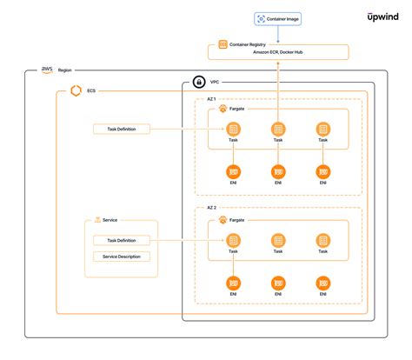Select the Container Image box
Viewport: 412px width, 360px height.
(277, 18)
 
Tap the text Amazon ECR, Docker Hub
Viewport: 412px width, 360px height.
(278, 53)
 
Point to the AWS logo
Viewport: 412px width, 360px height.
(46, 69)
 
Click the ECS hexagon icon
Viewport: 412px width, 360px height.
(76, 90)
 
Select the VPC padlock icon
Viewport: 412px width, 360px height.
(199, 83)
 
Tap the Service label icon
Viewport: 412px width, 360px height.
(97, 220)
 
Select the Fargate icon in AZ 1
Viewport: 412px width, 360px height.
(223, 110)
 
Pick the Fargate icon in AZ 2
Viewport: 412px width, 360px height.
(223, 220)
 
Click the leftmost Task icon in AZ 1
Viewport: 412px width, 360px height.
(233, 129)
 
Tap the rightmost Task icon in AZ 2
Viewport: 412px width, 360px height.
(322, 240)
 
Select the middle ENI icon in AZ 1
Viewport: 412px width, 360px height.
(277, 171)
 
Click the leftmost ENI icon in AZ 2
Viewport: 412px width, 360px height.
(233, 283)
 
